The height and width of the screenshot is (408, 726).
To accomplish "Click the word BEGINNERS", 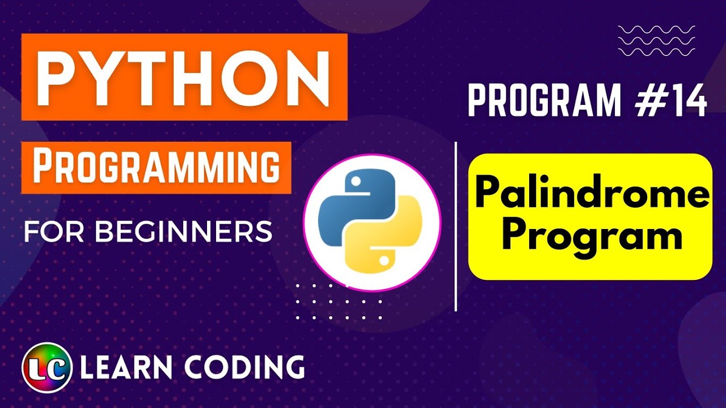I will tap(184, 232).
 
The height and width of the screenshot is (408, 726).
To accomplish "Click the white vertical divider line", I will tap(456, 227).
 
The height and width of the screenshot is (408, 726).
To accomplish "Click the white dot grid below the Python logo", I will tap(339, 302).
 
